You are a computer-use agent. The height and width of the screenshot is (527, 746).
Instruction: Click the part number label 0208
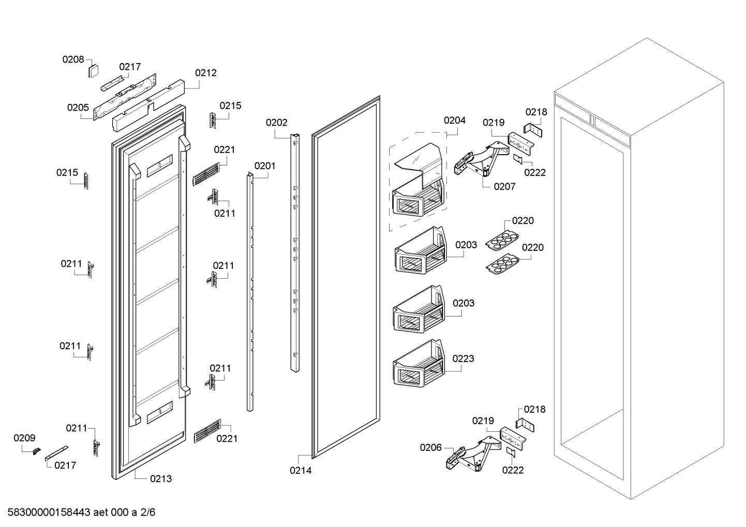pos(73,59)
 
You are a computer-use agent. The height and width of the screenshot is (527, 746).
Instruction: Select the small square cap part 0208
pos(93,70)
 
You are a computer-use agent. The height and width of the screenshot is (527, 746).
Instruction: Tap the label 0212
pos(205,73)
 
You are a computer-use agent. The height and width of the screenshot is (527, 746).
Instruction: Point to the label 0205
pos(78,108)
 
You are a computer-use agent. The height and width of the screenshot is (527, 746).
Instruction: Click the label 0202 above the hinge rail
pos(276,123)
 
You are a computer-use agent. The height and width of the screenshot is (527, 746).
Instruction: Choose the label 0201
pos(264,166)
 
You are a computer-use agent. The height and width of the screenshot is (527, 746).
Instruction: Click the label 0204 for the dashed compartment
pos(454,120)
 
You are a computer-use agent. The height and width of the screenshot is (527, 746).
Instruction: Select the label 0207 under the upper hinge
pos(504,186)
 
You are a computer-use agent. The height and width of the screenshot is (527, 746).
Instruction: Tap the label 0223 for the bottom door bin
pos(463,358)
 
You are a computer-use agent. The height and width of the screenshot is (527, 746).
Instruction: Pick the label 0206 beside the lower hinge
pos(430,447)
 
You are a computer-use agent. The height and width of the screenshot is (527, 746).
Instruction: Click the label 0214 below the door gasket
pos(301,471)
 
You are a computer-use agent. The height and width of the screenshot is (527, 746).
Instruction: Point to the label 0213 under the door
pos(161,478)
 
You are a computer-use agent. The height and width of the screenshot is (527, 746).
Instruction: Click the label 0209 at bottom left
pos(24,438)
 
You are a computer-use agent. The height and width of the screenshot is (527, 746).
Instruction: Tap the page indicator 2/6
pos(148,513)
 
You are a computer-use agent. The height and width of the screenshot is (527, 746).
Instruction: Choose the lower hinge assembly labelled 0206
pos(473,455)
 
